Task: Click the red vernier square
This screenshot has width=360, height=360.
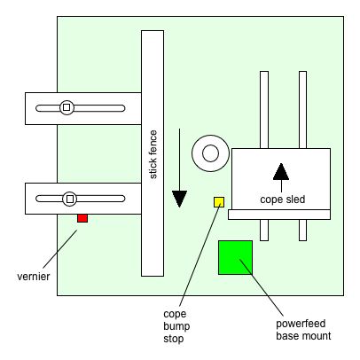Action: pos(82,218)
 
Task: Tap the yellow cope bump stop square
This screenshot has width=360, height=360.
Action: pos(219,202)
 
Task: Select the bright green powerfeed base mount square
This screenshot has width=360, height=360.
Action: pos(235,257)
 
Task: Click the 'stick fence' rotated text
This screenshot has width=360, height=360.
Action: pos(153,154)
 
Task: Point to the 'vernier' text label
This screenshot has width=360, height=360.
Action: pos(34,277)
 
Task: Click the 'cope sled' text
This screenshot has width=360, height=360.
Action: pos(283,200)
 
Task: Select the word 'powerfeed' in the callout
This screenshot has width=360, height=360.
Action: pos(301,324)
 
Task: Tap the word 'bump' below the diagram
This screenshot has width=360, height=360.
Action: pos(176,326)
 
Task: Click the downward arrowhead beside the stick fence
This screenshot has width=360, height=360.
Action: pos(179,199)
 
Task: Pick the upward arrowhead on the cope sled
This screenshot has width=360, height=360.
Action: pos(281,171)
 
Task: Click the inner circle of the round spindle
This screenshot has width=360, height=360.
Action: pos(210,153)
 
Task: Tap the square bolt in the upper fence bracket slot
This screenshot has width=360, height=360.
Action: pos(67,107)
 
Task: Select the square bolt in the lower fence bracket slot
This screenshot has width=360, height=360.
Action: pos(70,199)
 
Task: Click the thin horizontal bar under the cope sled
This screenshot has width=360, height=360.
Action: pos(279,215)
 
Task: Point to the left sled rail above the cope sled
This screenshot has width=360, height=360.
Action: pos(264,110)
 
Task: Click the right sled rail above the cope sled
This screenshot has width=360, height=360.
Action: pos(302,110)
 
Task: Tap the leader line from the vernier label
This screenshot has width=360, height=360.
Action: pos(60,248)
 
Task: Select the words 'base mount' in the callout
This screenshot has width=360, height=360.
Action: pos(303,336)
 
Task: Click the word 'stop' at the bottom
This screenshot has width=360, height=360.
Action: pos(174,339)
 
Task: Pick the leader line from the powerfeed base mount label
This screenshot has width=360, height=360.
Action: pos(262,287)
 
